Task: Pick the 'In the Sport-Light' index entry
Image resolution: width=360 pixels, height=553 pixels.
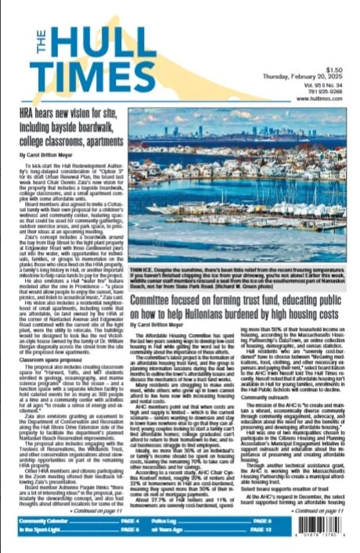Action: (x=42, y=531)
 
